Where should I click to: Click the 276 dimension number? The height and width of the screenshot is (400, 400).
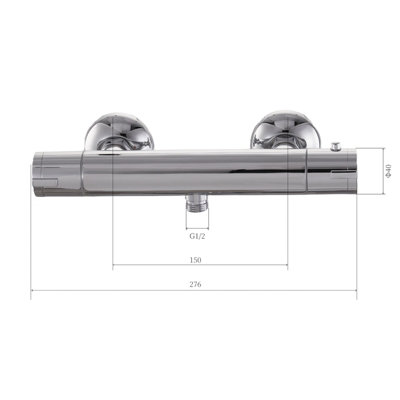pyautogui.click(x=194, y=285)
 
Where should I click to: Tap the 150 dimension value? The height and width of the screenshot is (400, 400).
pyautogui.click(x=195, y=259)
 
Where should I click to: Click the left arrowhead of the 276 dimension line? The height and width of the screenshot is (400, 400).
pyautogui.click(x=33, y=293)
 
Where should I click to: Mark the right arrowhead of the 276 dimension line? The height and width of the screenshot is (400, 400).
pyautogui.click(x=357, y=293)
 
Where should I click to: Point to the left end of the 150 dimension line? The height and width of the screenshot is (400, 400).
pyautogui.click(x=114, y=266)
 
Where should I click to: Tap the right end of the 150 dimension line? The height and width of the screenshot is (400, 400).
pyautogui.click(x=289, y=266)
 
